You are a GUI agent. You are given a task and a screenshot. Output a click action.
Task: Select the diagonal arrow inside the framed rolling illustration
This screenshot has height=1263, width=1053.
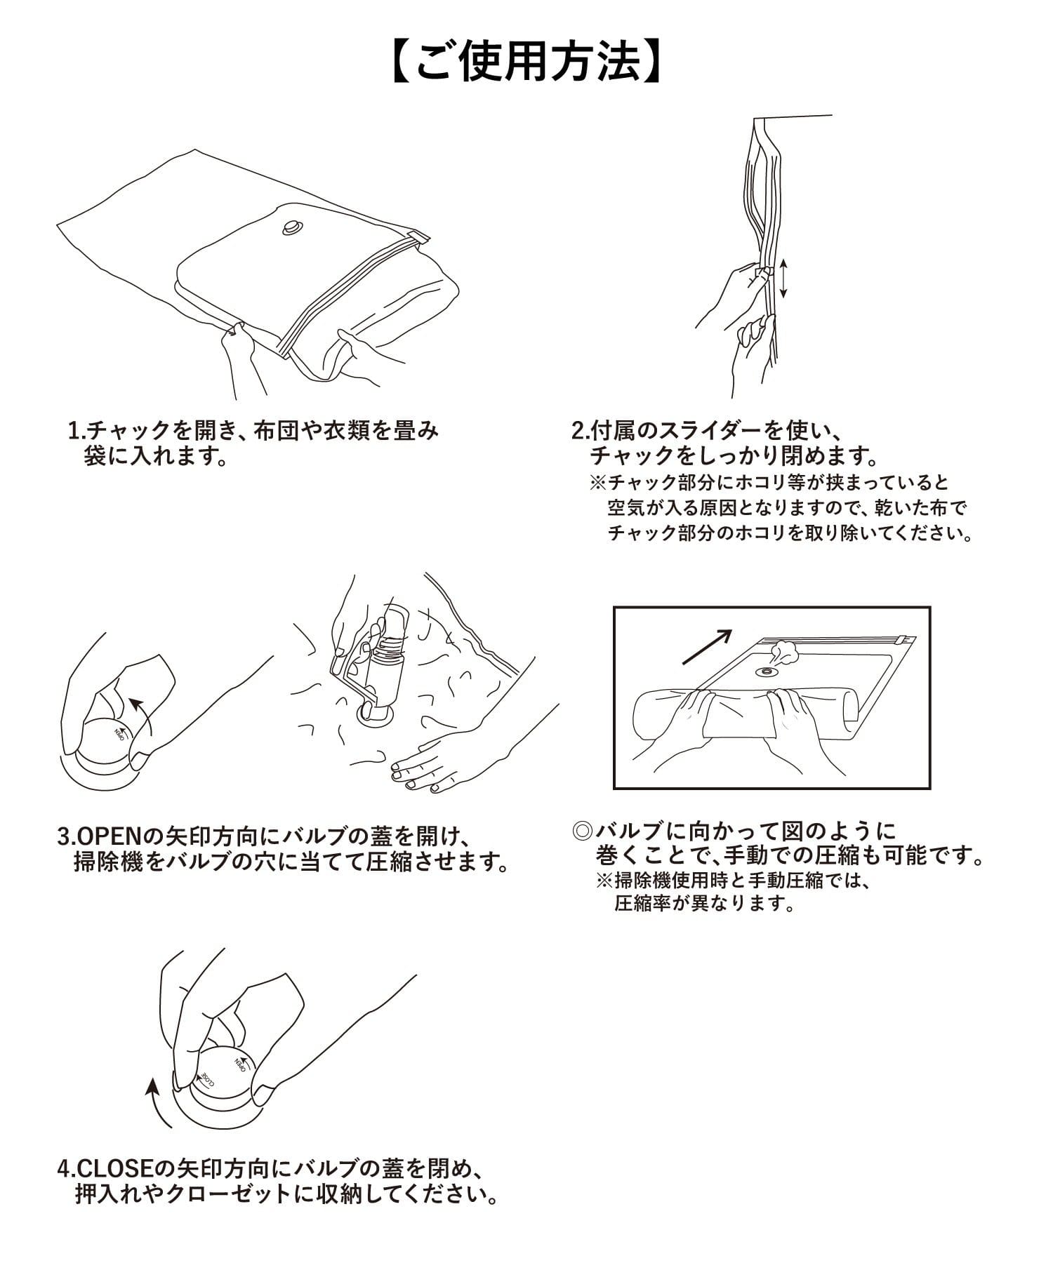coord(708,646)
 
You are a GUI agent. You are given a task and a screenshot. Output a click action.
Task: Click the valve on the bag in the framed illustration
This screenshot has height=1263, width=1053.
coord(767,671)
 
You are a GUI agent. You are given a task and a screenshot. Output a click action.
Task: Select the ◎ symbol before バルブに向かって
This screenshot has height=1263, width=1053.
coord(584,832)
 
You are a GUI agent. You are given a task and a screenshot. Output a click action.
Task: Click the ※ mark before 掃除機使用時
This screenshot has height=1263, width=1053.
coord(604,880)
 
